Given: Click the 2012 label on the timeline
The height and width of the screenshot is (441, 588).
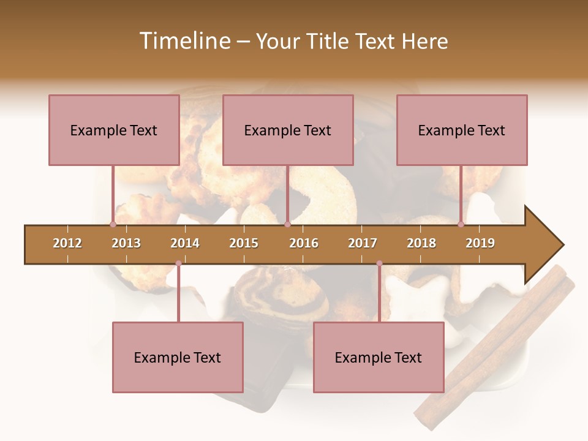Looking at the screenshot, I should tap(67, 243).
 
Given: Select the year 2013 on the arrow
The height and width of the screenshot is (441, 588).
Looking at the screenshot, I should tap(126, 243).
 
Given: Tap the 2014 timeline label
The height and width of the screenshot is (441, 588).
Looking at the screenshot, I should tap(185, 243).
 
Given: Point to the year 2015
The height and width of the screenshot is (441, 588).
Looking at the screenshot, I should tap(244, 243).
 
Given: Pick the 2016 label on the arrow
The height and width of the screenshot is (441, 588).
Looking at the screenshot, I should tap(304, 243).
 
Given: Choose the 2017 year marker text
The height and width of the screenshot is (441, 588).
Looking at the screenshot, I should tap(363, 243).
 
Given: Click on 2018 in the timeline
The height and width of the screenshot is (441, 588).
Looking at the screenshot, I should tap(421, 243).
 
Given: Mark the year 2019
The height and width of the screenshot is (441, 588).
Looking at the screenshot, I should tap(480, 243).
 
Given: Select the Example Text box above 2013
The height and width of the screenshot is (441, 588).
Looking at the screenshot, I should tap(114, 130).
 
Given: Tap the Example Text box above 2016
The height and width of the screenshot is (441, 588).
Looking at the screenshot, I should tap(288, 130).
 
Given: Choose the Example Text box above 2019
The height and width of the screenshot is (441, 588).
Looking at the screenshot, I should tap(462, 130).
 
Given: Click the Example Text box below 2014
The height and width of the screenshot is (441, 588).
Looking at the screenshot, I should tap(178, 357).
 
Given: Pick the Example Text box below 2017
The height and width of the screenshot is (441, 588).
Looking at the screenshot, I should tap(379, 357).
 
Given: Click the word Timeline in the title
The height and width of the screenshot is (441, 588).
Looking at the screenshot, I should tap(183, 41).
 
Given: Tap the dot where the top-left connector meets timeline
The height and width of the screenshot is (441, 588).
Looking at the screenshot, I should tap(113, 224).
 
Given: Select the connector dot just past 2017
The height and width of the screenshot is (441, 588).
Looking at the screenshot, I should tap(379, 263).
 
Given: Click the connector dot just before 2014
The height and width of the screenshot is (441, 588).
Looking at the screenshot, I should tap(178, 263).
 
